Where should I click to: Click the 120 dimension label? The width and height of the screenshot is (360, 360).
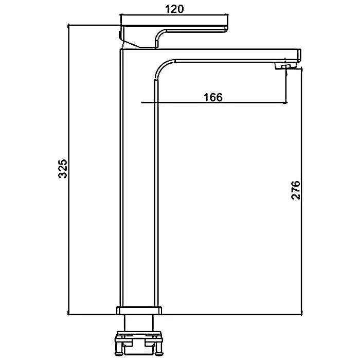[174, 9]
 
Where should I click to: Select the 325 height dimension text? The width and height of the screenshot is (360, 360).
[63, 169]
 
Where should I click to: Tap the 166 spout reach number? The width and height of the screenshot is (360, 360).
[213, 97]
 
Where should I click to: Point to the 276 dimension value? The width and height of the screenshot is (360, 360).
[296, 190]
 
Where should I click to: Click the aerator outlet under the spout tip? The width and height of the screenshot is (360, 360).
[286, 66]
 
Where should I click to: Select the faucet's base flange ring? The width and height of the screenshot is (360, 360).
[139, 311]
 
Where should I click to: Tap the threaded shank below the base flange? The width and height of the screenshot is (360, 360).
[139, 322]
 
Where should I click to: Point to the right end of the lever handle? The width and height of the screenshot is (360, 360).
[228, 28]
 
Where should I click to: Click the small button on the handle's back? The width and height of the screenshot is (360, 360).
[120, 34]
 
